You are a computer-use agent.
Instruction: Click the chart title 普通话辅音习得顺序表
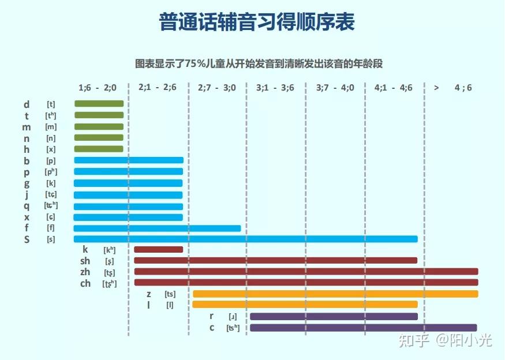pyautogui.click(x=256, y=22)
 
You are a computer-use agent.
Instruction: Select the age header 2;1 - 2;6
pyautogui.click(x=158, y=88)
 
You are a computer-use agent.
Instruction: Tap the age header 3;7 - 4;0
pyautogui.click(x=335, y=88)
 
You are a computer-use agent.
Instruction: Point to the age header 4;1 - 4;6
pyautogui.click(x=394, y=88)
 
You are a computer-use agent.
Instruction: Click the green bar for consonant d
pyautogui.click(x=99, y=104)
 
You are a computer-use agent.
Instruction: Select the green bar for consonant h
pyautogui.click(x=99, y=149)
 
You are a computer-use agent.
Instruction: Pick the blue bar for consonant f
pyautogui.click(x=157, y=228)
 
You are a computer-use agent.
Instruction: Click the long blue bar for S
pyautogui.click(x=245, y=239)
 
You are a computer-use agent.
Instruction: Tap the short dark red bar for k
pyautogui.click(x=158, y=250)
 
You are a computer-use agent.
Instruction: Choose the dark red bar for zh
pyautogui.click(x=306, y=272)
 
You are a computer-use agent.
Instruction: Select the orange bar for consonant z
pyautogui.click(x=335, y=294)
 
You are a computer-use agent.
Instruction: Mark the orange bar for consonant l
pyautogui.click(x=305, y=305)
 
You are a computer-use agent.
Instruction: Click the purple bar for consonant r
pyautogui.click(x=334, y=316)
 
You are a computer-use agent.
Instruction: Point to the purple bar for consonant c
pyautogui.click(x=363, y=328)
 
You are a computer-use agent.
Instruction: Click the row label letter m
pyautogui.click(x=27, y=127)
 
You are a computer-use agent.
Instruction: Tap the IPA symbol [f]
pyautogui.click(x=51, y=228)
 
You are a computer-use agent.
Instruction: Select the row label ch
pyautogui.click(x=85, y=283)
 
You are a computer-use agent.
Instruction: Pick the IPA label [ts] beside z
pyautogui.click(x=170, y=294)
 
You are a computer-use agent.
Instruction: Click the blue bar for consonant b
pyautogui.click(x=129, y=160)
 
